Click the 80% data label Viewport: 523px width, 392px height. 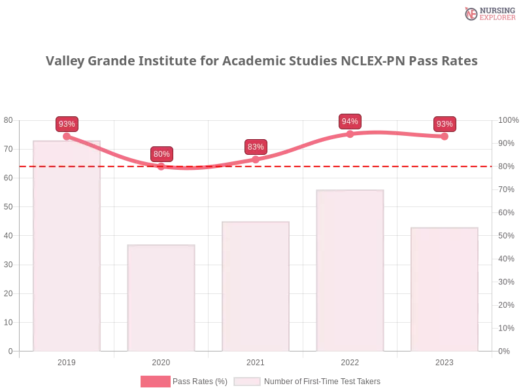click(x=161, y=154)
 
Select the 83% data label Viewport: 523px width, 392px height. click(x=256, y=147)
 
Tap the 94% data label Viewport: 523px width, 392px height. click(x=350, y=122)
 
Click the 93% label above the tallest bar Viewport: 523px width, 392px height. click(x=67, y=123)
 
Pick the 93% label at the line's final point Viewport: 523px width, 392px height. click(x=445, y=124)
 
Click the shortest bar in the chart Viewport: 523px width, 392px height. click(x=161, y=297)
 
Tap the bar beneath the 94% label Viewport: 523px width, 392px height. click(x=350, y=270)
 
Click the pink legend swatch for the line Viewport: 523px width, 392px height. click(x=155, y=381)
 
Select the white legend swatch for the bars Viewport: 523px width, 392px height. click(x=247, y=382)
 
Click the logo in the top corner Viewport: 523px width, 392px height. click(x=488, y=13)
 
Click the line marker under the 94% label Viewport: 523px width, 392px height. click(x=350, y=133)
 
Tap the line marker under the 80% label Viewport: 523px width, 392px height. click(x=161, y=166)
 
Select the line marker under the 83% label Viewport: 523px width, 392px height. click(x=256, y=158)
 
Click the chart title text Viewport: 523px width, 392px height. click(x=261, y=61)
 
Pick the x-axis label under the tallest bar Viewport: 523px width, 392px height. click(x=67, y=361)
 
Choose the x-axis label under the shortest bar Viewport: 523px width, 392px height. click(x=161, y=361)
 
